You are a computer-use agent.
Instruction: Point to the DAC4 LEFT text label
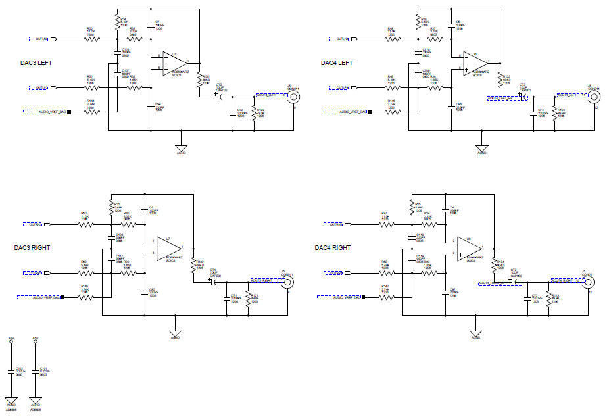click(337, 63)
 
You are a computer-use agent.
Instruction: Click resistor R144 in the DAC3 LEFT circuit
click(92, 112)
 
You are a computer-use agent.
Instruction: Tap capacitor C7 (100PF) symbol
click(151, 27)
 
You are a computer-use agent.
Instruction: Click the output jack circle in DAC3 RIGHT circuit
click(287, 282)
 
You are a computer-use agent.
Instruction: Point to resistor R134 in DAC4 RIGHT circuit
click(493, 264)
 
